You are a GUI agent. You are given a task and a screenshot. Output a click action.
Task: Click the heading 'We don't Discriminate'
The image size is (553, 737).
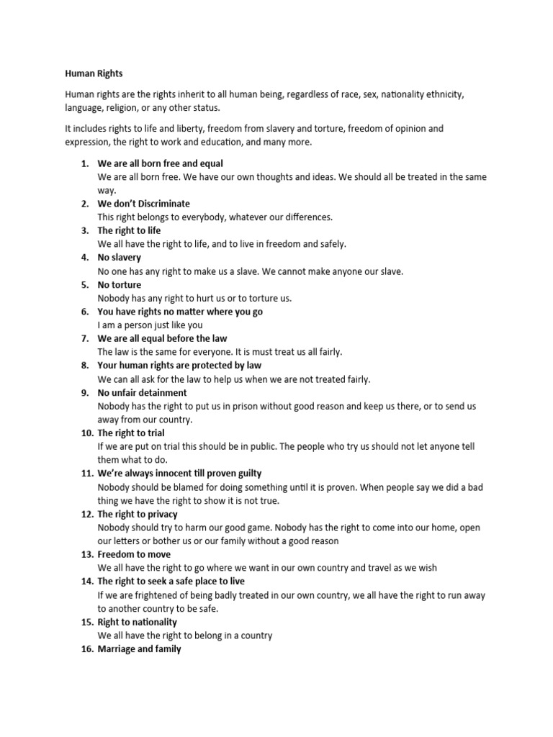pyautogui.click(x=143, y=204)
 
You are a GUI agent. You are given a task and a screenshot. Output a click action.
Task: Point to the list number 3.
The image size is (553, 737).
pyautogui.click(x=84, y=230)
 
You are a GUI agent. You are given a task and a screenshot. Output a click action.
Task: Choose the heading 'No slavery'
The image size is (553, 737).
pyautogui.click(x=120, y=257)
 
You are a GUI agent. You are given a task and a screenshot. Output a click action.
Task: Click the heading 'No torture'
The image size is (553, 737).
pyautogui.click(x=119, y=284)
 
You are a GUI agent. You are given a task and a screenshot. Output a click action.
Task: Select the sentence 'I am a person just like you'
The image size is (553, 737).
pyautogui.click(x=150, y=325)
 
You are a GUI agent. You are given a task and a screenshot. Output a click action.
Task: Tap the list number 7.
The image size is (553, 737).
pyautogui.click(x=84, y=338)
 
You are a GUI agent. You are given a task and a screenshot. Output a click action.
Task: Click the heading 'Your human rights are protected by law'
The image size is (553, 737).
pyautogui.click(x=179, y=366)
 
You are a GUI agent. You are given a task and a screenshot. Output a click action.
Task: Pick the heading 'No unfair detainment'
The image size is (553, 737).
pyautogui.click(x=142, y=392)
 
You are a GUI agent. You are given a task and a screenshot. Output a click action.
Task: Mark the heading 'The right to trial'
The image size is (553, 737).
pyautogui.click(x=130, y=433)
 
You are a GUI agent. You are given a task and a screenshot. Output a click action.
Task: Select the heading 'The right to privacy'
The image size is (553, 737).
pyautogui.click(x=137, y=515)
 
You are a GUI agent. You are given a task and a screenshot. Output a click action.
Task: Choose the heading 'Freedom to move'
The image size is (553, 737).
pyautogui.click(x=134, y=554)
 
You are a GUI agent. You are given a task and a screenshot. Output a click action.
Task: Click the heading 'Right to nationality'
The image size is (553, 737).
pyautogui.click(x=137, y=622)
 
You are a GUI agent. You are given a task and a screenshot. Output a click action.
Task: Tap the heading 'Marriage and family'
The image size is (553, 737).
pyautogui.click(x=139, y=649)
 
